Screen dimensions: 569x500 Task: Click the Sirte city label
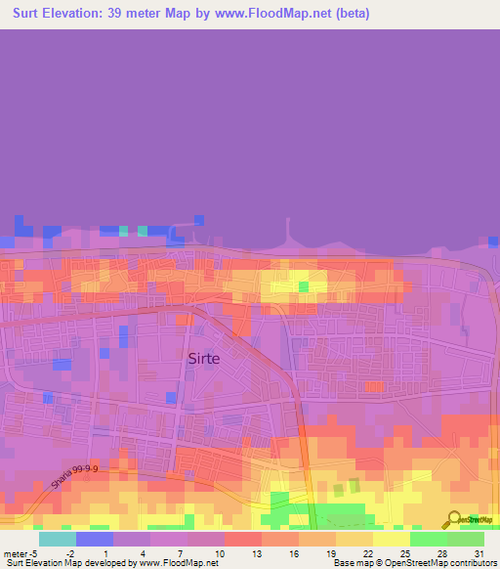[203, 358]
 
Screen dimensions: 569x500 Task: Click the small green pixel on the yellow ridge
[303, 286]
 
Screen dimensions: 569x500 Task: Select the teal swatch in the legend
[57, 539]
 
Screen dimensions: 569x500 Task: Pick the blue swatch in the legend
[94, 539]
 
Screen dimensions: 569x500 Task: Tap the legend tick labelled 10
[220, 552]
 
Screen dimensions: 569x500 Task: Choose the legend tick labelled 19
[331, 552]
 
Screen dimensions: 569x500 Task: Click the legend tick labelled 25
[405, 552]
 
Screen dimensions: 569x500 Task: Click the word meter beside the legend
[14, 552]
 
